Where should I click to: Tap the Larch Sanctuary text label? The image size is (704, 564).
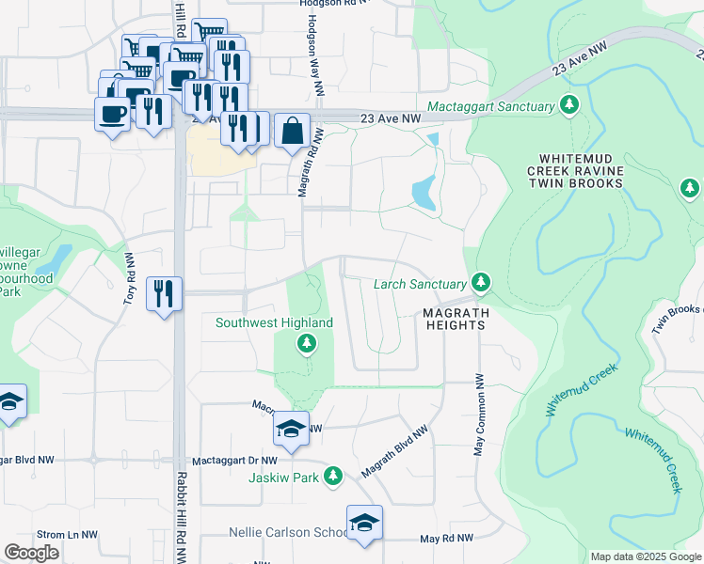(420, 284)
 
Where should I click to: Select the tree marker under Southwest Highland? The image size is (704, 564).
(305, 346)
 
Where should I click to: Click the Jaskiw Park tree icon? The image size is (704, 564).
(332, 477)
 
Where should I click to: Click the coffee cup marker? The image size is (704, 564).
(112, 115)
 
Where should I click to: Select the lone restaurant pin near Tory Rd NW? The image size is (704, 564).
(165, 294)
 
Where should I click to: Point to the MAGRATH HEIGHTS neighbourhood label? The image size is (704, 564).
(453, 318)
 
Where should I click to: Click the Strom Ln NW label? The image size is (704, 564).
(68, 535)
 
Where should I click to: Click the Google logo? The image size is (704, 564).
(32, 553)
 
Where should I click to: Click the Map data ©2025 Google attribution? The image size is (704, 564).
(645, 556)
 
